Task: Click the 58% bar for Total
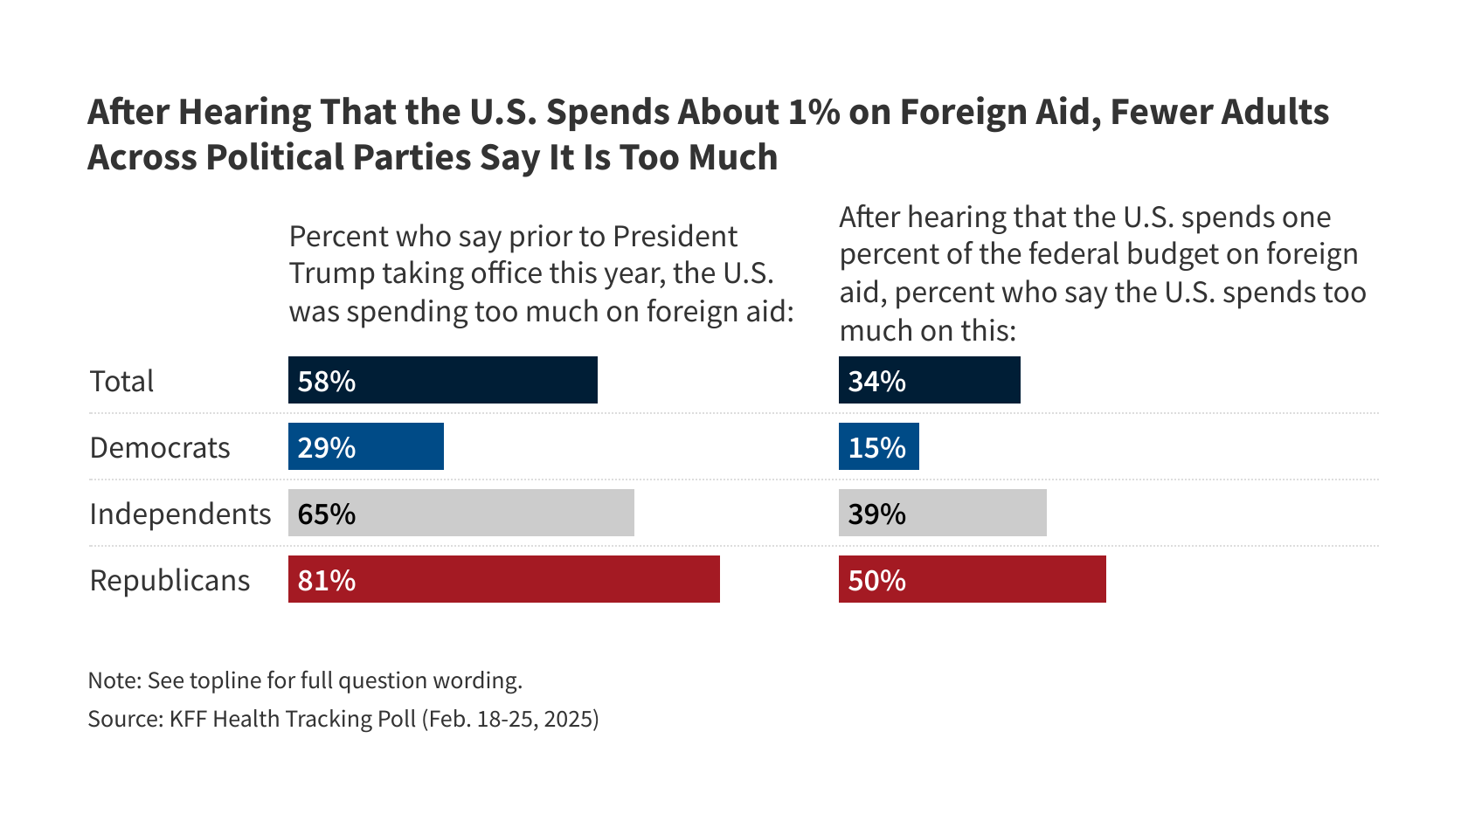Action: [443, 380]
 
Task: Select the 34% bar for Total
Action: [929, 380]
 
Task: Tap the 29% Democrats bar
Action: [366, 446]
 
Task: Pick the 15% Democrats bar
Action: [878, 446]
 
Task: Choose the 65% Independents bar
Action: [461, 513]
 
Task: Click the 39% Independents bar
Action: [942, 513]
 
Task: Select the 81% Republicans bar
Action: [504, 579]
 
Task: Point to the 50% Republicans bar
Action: [972, 579]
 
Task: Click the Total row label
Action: [121, 382]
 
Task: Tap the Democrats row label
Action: [160, 448]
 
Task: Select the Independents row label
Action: [180, 514]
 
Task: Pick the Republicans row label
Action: [170, 581]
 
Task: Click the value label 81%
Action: [327, 580]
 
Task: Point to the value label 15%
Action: [877, 447]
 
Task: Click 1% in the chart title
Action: [814, 113]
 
